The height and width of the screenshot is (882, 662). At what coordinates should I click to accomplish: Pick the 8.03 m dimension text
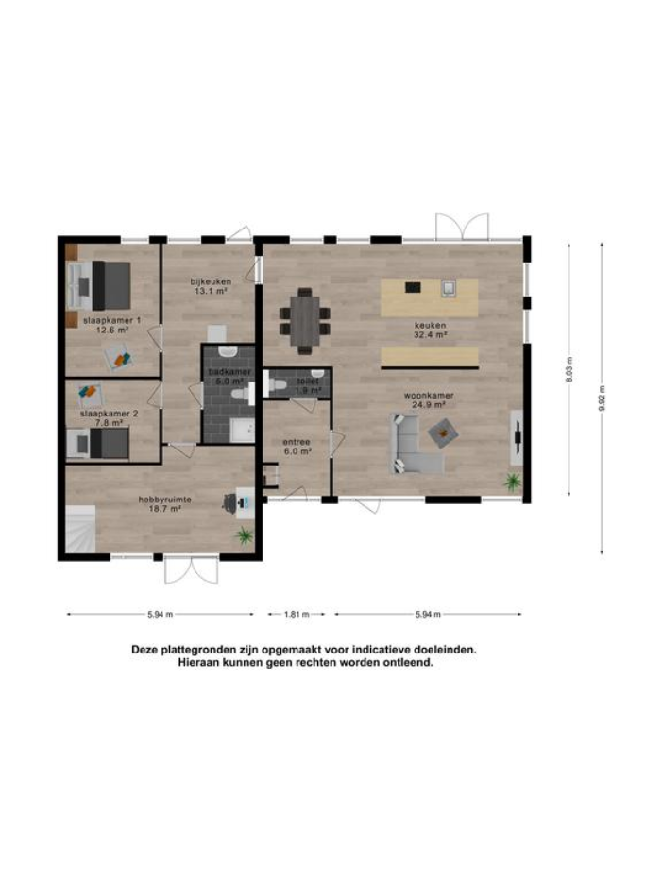click(569, 369)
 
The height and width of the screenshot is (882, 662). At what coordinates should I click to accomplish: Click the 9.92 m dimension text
click(602, 399)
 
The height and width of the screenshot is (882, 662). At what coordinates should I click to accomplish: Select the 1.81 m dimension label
click(297, 614)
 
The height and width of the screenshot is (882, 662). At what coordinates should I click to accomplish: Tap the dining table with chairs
click(304, 321)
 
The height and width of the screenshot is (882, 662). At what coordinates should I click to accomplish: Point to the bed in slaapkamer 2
click(98, 444)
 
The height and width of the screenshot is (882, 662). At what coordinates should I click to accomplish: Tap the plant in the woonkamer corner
click(513, 482)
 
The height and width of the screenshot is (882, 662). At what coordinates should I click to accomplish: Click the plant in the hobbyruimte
click(244, 535)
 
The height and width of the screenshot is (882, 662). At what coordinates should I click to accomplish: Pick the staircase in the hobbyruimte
click(81, 529)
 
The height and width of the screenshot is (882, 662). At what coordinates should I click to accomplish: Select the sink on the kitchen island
click(449, 288)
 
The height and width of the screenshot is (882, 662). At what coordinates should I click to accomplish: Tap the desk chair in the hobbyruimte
click(230, 503)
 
